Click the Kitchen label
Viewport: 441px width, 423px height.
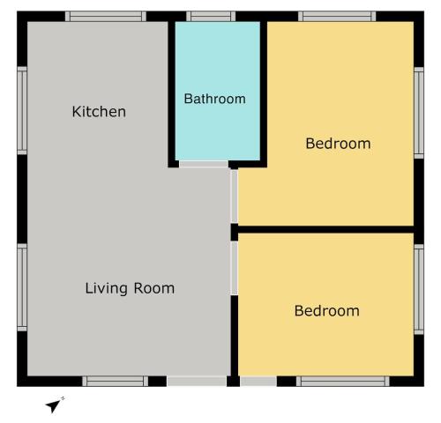point(99,112)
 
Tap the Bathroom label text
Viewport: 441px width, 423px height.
point(215,99)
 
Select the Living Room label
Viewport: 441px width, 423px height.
point(130,288)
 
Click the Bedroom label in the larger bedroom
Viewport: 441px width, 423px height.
point(338,144)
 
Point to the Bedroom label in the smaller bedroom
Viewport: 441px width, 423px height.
point(327,311)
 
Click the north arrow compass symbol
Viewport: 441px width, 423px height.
point(55,404)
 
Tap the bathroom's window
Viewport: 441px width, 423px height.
point(211,16)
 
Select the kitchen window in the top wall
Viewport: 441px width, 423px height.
point(106,16)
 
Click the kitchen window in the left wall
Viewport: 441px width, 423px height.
point(22,111)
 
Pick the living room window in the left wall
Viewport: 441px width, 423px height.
point(22,287)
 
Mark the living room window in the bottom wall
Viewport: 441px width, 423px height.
point(115,382)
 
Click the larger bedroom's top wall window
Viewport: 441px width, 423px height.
point(337,16)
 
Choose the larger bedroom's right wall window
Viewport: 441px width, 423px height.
point(419,113)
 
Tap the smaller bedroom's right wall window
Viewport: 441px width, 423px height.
point(419,289)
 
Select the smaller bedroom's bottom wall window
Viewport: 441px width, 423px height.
point(343,382)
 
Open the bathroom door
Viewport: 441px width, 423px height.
point(204,164)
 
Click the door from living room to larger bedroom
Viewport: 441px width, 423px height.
point(235,197)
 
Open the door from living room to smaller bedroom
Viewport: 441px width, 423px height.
point(235,268)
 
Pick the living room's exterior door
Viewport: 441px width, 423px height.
point(197,382)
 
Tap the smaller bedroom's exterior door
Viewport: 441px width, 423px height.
point(258,382)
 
